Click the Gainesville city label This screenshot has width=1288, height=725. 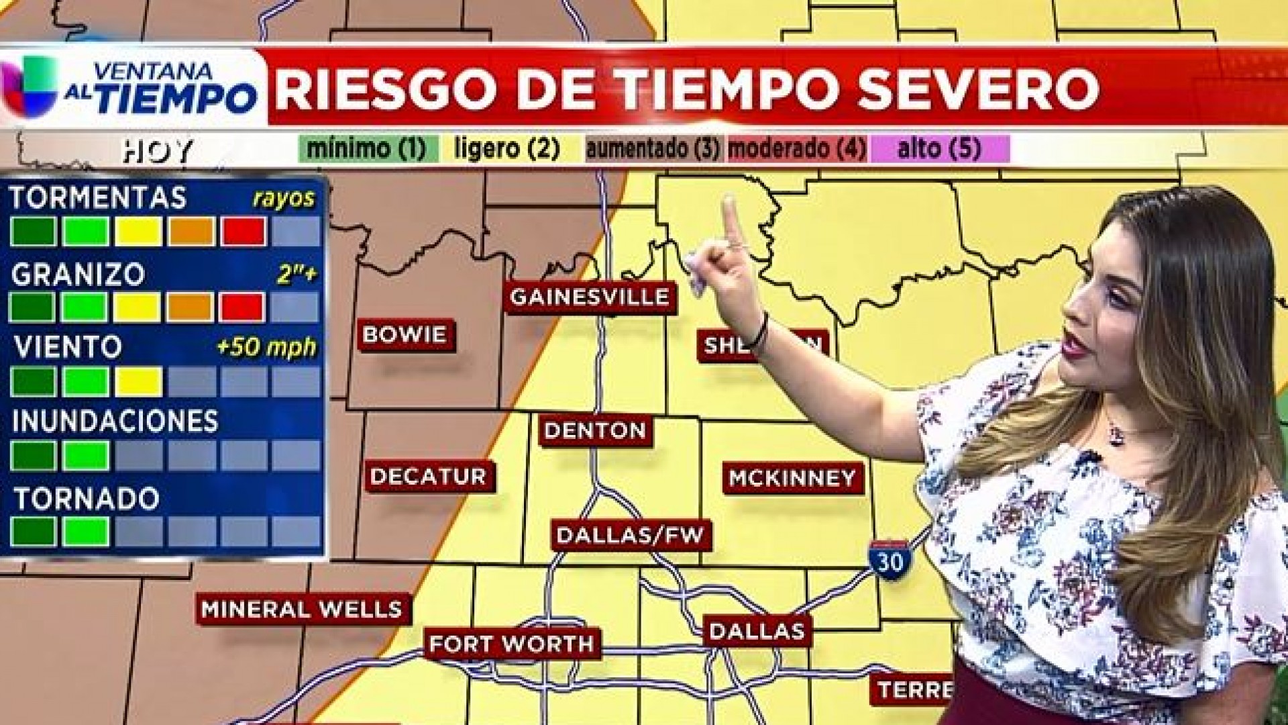click(590, 297)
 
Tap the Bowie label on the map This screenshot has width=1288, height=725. click(405, 334)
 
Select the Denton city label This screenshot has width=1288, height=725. click(595, 431)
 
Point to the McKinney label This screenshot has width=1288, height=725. click(792, 478)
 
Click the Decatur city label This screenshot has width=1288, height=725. click(428, 477)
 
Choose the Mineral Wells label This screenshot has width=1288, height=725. click(302, 610)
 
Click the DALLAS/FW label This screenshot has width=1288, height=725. click(631, 535)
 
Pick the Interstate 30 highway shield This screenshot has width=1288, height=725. click(890, 558)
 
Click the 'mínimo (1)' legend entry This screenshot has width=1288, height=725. click(368, 148)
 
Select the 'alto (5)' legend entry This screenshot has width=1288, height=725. click(939, 148)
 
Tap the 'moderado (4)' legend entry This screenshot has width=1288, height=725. click(796, 148)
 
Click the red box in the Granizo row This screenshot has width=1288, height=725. click(241, 307)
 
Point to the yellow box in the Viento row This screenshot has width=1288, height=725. click(138, 381)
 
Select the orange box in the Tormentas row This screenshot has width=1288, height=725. click(191, 232)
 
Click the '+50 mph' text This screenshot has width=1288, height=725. click(266, 348)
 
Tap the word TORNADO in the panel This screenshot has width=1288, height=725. click(87, 499)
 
